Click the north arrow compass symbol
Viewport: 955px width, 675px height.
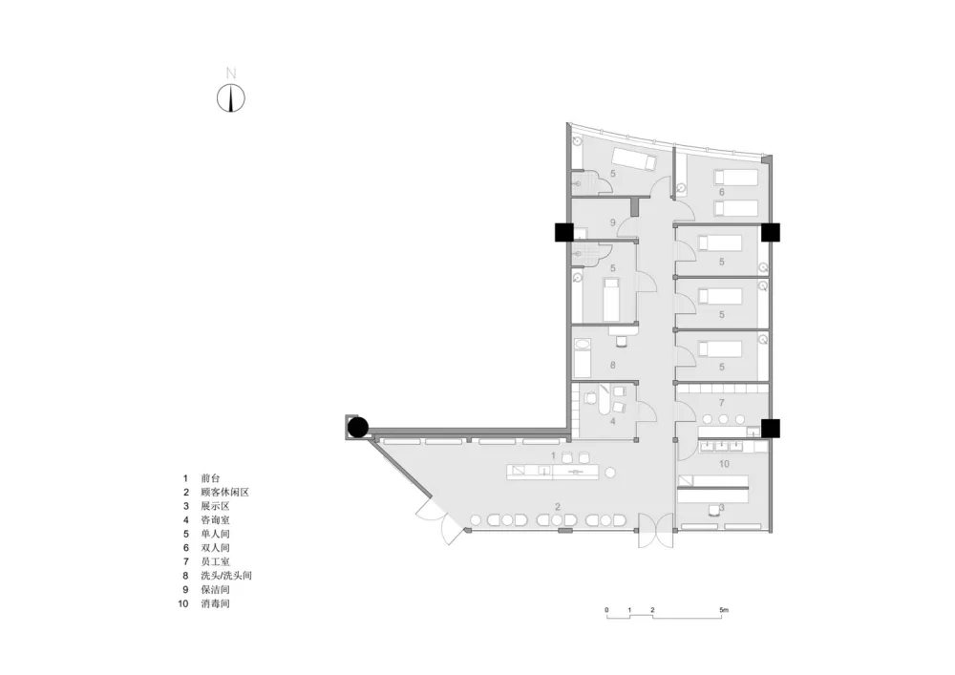point(231,98)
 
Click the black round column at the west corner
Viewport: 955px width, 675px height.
point(358,428)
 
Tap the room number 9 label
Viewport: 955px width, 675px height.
point(613,222)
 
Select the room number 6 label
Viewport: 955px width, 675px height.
point(722,192)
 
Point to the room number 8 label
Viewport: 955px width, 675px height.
point(613,366)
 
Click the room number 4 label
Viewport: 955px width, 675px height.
point(613,421)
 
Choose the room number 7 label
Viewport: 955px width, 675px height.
point(722,402)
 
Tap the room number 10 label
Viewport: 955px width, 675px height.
point(724,464)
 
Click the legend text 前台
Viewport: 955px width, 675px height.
point(210,478)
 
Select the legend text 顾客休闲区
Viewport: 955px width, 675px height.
point(224,493)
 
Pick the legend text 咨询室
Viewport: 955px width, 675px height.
point(215,519)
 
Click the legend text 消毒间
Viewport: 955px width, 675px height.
point(215,603)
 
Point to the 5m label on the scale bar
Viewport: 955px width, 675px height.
point(723,609)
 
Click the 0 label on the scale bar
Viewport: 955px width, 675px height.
point(606,609)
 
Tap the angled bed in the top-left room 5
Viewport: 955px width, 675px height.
point(634,158)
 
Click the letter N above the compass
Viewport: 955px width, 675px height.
point(231,74)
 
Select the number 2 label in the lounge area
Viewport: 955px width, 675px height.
point(558,506)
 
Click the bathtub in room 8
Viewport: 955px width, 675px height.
point(583,357)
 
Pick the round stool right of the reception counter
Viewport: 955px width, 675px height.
point(610,473)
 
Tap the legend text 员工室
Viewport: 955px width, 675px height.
point(215,561)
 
